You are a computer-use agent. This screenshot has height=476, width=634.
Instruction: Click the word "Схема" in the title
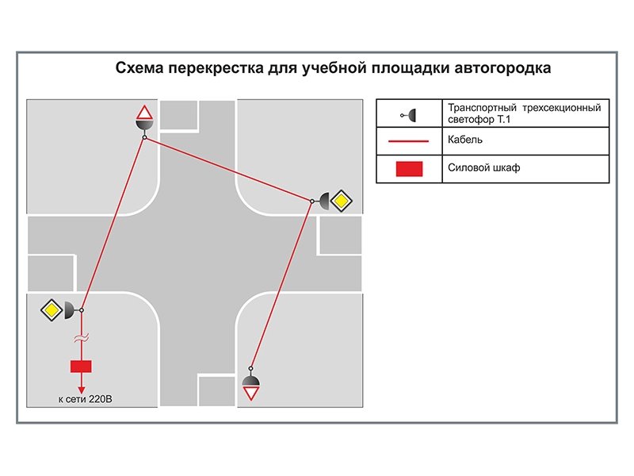pos(140,67)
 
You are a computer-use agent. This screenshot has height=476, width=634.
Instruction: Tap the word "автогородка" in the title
pos(502,69)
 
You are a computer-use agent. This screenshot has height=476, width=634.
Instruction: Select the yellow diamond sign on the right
pos(342,201)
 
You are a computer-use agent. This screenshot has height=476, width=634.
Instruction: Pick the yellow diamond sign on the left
pos(52,310)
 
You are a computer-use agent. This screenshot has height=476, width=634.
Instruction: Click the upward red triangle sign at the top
pos(144,113)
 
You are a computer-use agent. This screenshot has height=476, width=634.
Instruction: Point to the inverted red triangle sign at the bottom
pos(250,393)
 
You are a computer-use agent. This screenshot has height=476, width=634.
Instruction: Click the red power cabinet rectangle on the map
pos(81,367)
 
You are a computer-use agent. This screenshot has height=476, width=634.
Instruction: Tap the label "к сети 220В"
pos(85,399)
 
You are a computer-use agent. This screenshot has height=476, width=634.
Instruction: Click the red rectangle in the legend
pos(409,169)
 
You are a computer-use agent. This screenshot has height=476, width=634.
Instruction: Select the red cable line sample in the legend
pos(408,141)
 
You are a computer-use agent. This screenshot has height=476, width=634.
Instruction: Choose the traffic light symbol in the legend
pos(408,115)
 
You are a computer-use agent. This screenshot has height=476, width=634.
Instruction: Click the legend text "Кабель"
pos(465,140)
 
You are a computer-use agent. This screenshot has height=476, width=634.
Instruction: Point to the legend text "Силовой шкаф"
pos(483,167)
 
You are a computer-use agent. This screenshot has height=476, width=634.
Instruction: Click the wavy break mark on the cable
pos(82,338)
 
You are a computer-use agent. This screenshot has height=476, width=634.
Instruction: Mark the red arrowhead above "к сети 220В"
pos(82,390)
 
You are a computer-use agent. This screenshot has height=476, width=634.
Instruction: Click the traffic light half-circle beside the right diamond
pos(325,202)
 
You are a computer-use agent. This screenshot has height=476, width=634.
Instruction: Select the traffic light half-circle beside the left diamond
pos(69,310)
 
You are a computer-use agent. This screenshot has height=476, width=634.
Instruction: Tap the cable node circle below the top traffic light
pos(144,137)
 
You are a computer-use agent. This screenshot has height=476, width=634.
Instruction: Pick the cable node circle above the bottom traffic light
pos(250,368)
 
